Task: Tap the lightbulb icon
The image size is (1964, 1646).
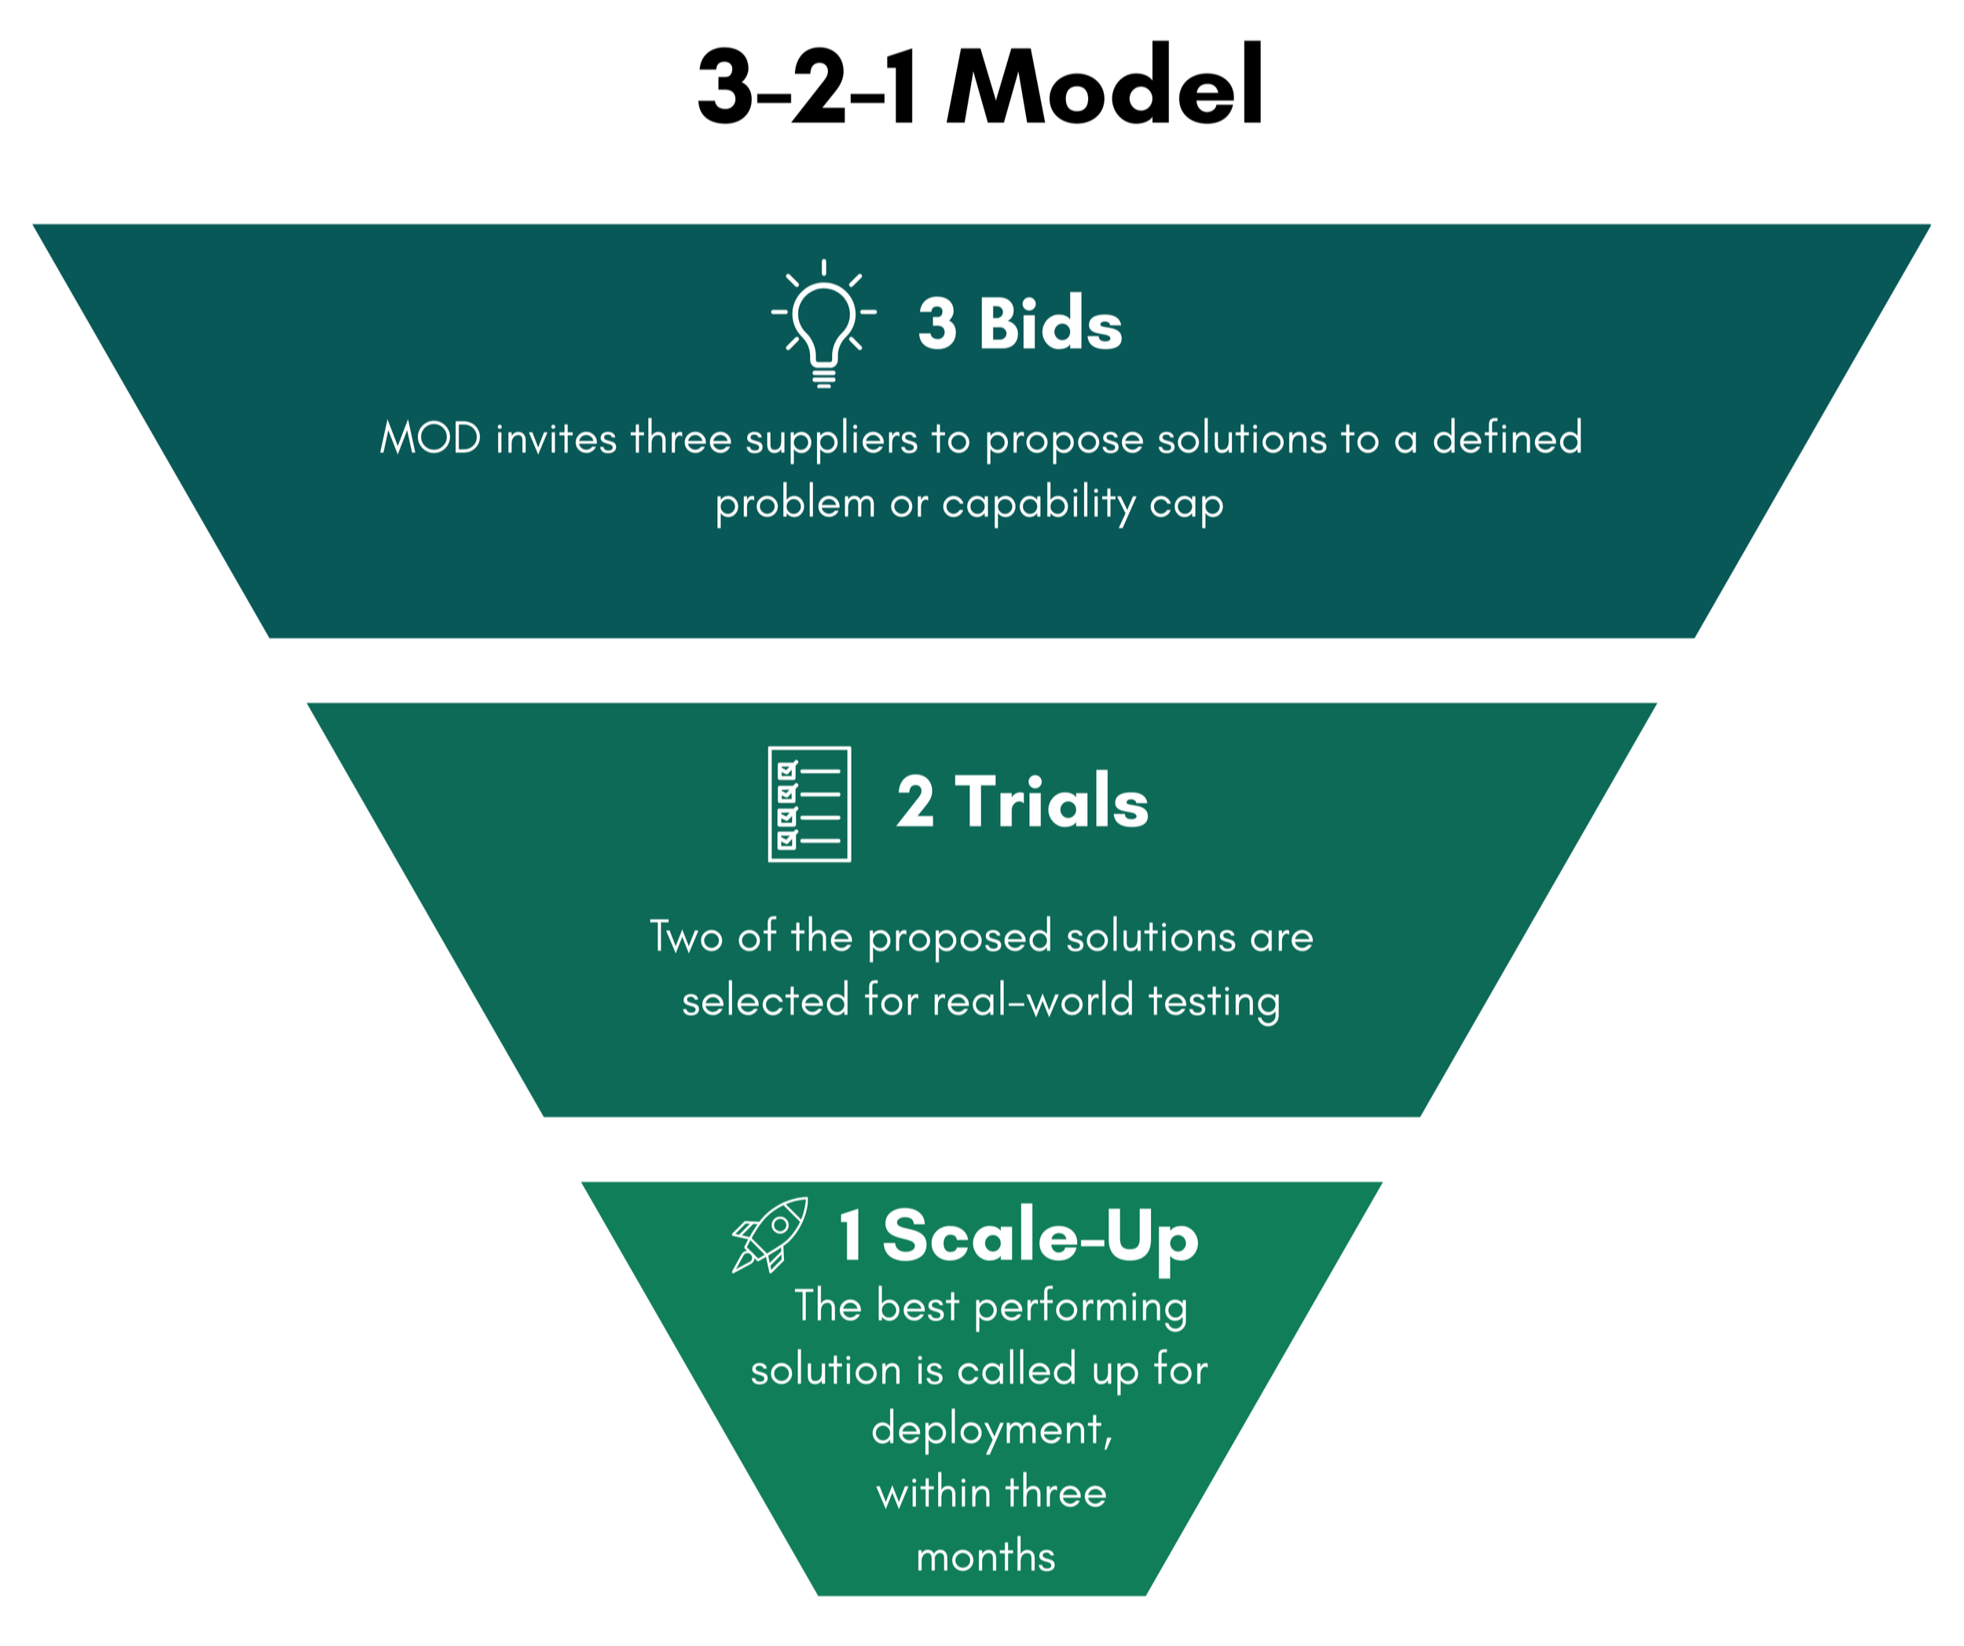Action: pyautogui.click(x=823, y=323)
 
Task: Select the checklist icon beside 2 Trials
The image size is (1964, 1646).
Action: pyautogui.click(x=809, y=804)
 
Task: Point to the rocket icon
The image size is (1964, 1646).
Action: pyautogui.click(x=770, y=1234)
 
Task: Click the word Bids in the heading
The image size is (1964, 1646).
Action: pyautogui.click(x=1050, y=324)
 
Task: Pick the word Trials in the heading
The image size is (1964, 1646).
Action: pyautogui.click(x=1051, y=801)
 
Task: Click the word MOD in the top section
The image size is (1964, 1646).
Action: pyautogui.click(x=431, y=438)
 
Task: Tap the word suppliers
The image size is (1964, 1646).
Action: pyautogui.click(x=831, y=439)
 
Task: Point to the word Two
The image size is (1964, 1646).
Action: pyautogui.click(x=687, y=937)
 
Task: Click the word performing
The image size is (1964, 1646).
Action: pyautogui.click(x=1080, y=1307)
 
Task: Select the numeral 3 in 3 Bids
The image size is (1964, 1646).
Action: pyautogui.click(x=938, y=324)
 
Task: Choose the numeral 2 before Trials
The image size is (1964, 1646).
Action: pyautogui.click(x=914, y=801)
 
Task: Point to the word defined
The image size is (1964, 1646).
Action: pyautogui.click(x=1507, y=438)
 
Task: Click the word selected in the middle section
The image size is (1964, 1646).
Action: pyautogui.click(x=764, y=1001)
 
